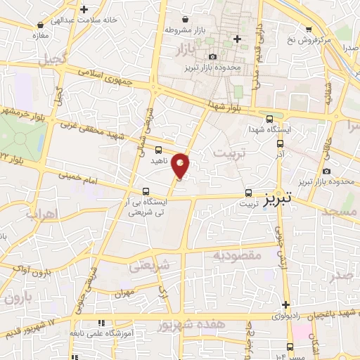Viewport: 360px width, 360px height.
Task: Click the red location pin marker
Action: coord(181,165)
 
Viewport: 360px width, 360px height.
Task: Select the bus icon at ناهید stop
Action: coord(158,150)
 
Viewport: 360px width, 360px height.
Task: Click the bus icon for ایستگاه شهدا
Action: coord(271,119)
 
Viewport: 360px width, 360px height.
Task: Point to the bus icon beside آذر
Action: coord(280,143)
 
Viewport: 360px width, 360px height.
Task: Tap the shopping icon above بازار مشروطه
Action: coord(184,20)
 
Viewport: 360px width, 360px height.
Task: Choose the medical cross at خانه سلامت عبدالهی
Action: coord(84,10)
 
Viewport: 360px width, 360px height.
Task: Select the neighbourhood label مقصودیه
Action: coord(237,255)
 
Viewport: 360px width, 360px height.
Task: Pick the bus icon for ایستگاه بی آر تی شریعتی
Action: coord(146,191)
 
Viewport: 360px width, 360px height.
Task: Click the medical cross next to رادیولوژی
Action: coord(285,304)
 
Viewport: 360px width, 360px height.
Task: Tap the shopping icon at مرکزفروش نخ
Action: coord(309,29)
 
